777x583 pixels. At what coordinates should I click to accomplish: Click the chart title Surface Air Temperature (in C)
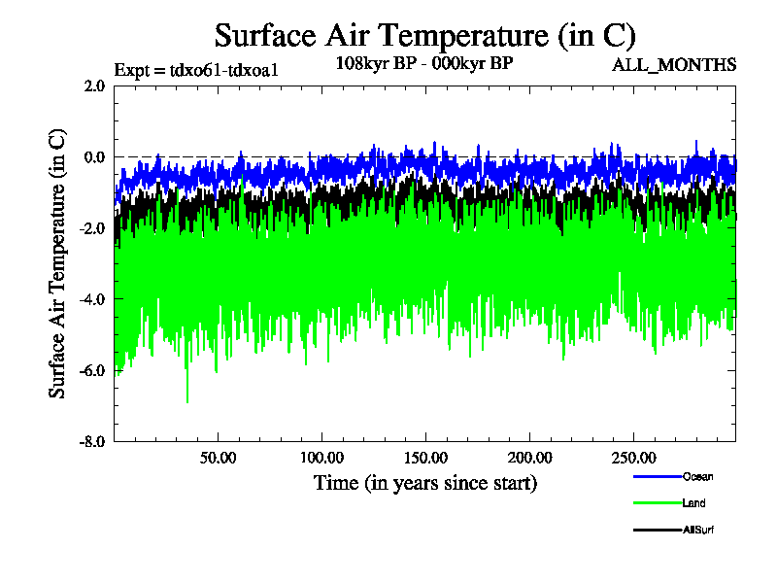[x=424, y=36]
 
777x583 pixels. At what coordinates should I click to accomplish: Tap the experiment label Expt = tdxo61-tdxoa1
[x=196, y=70]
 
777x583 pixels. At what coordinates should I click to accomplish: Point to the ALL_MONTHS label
[x=674, y=65]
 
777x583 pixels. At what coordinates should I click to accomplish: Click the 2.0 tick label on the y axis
[x=95, y=86]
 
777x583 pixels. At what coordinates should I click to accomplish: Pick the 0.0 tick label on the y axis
[x=95, y=156]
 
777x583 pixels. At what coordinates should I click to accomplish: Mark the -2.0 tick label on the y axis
[x=93, y=227]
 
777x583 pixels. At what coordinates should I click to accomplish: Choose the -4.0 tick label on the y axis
[x=93, y=299]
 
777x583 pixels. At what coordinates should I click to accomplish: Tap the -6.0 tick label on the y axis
[x=93, y=370]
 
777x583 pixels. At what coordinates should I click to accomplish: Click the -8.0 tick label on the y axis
[x=93, y=441]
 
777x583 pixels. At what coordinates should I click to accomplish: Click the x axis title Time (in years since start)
[x=424, y=483]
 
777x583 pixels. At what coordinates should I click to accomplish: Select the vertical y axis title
[x=58, y=263]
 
